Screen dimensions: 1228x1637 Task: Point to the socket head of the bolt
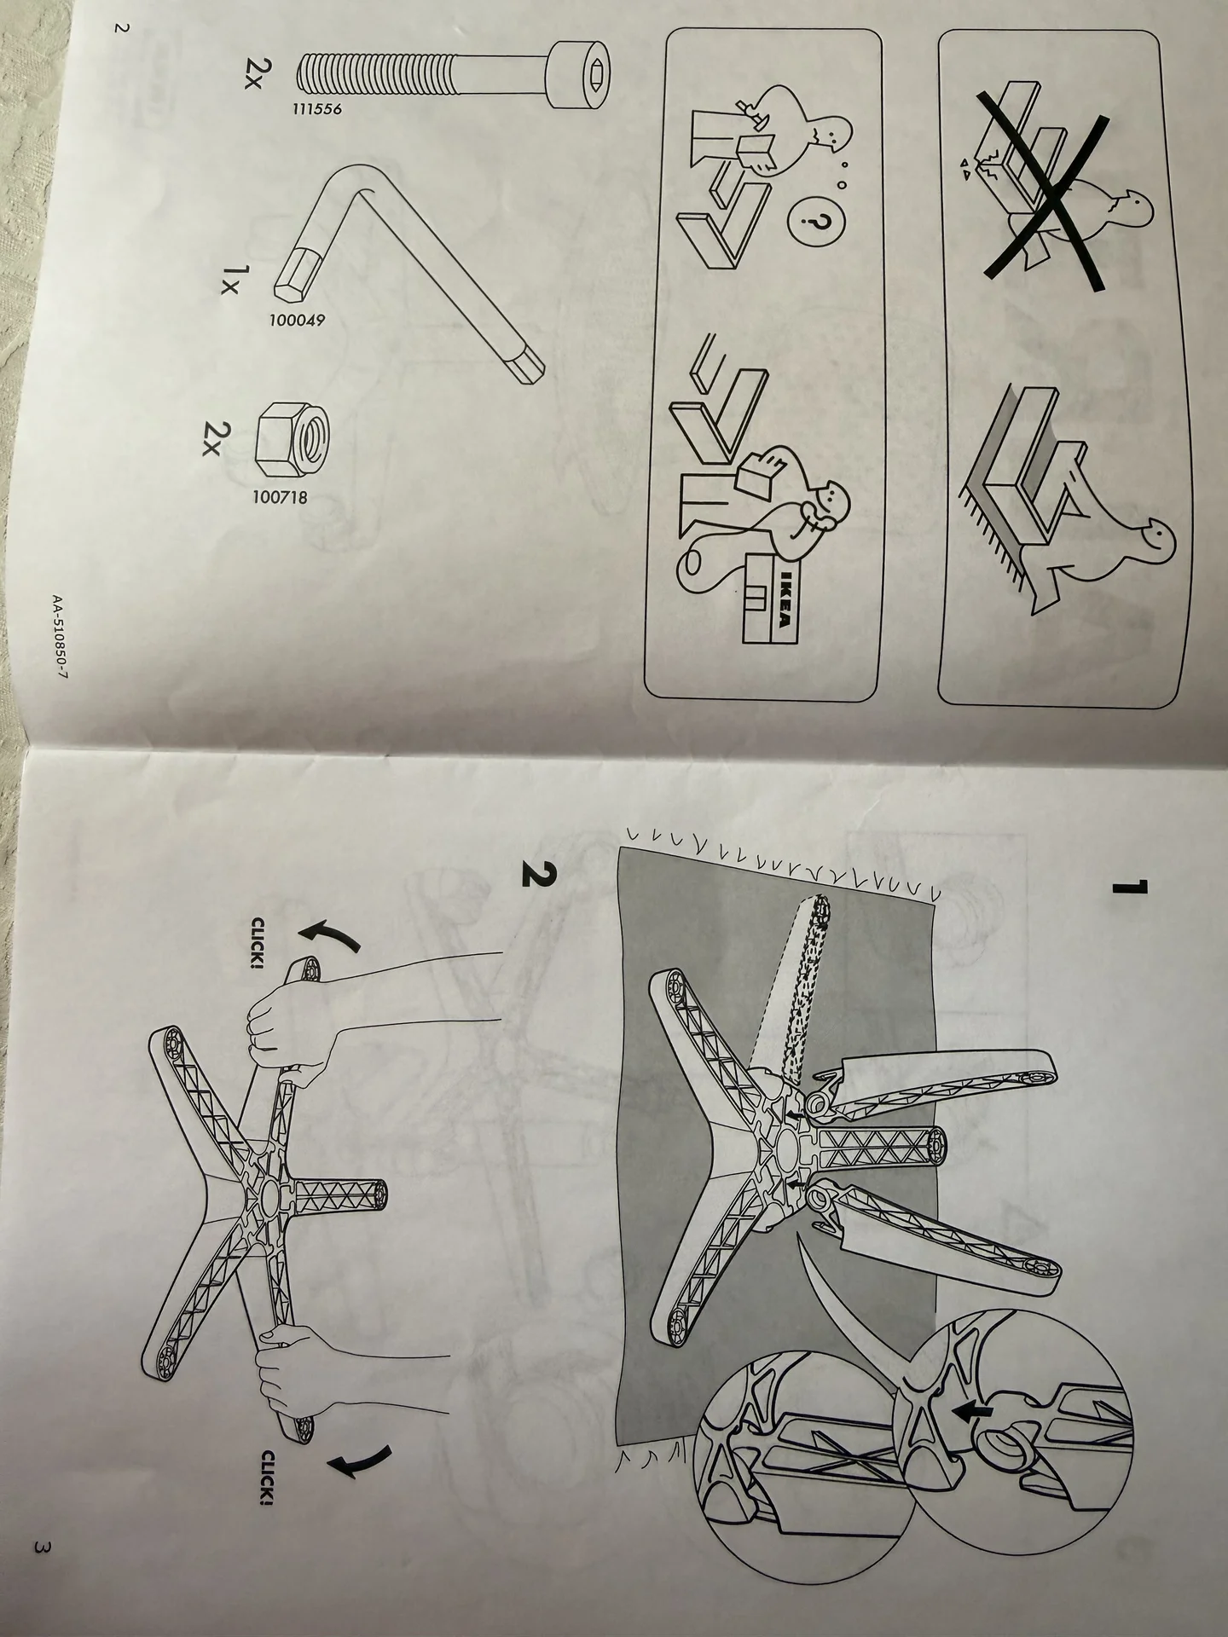(x=582, y=76)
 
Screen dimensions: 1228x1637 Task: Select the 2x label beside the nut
(x=215, y=438)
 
